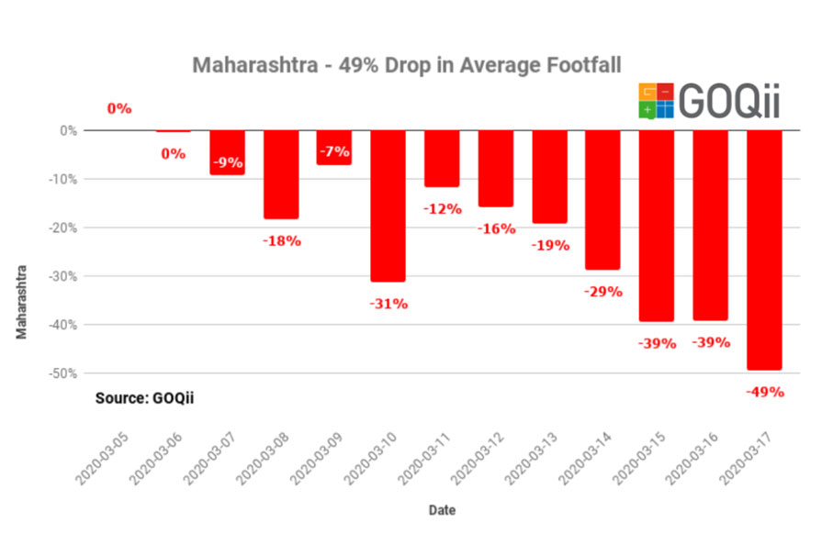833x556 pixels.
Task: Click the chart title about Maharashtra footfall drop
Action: pos(406,65)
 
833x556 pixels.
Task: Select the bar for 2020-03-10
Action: pos(388,206)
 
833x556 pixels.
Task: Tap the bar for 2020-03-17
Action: pos(764,250)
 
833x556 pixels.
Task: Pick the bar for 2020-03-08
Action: pos(281,174)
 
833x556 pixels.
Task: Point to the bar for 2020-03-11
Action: pos(442,159)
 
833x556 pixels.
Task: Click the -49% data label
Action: pos(765,392)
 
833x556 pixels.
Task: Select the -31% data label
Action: pos(388,304)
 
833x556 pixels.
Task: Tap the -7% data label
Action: pos(334,150)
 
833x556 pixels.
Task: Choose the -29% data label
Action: pos(603,292)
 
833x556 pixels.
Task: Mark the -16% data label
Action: pos(496,228)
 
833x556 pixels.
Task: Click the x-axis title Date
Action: pos(441,509)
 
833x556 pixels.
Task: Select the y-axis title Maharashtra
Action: pos(22,302)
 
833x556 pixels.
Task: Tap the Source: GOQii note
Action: pos(145,398)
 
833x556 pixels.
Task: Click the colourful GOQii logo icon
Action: pos(657,101)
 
